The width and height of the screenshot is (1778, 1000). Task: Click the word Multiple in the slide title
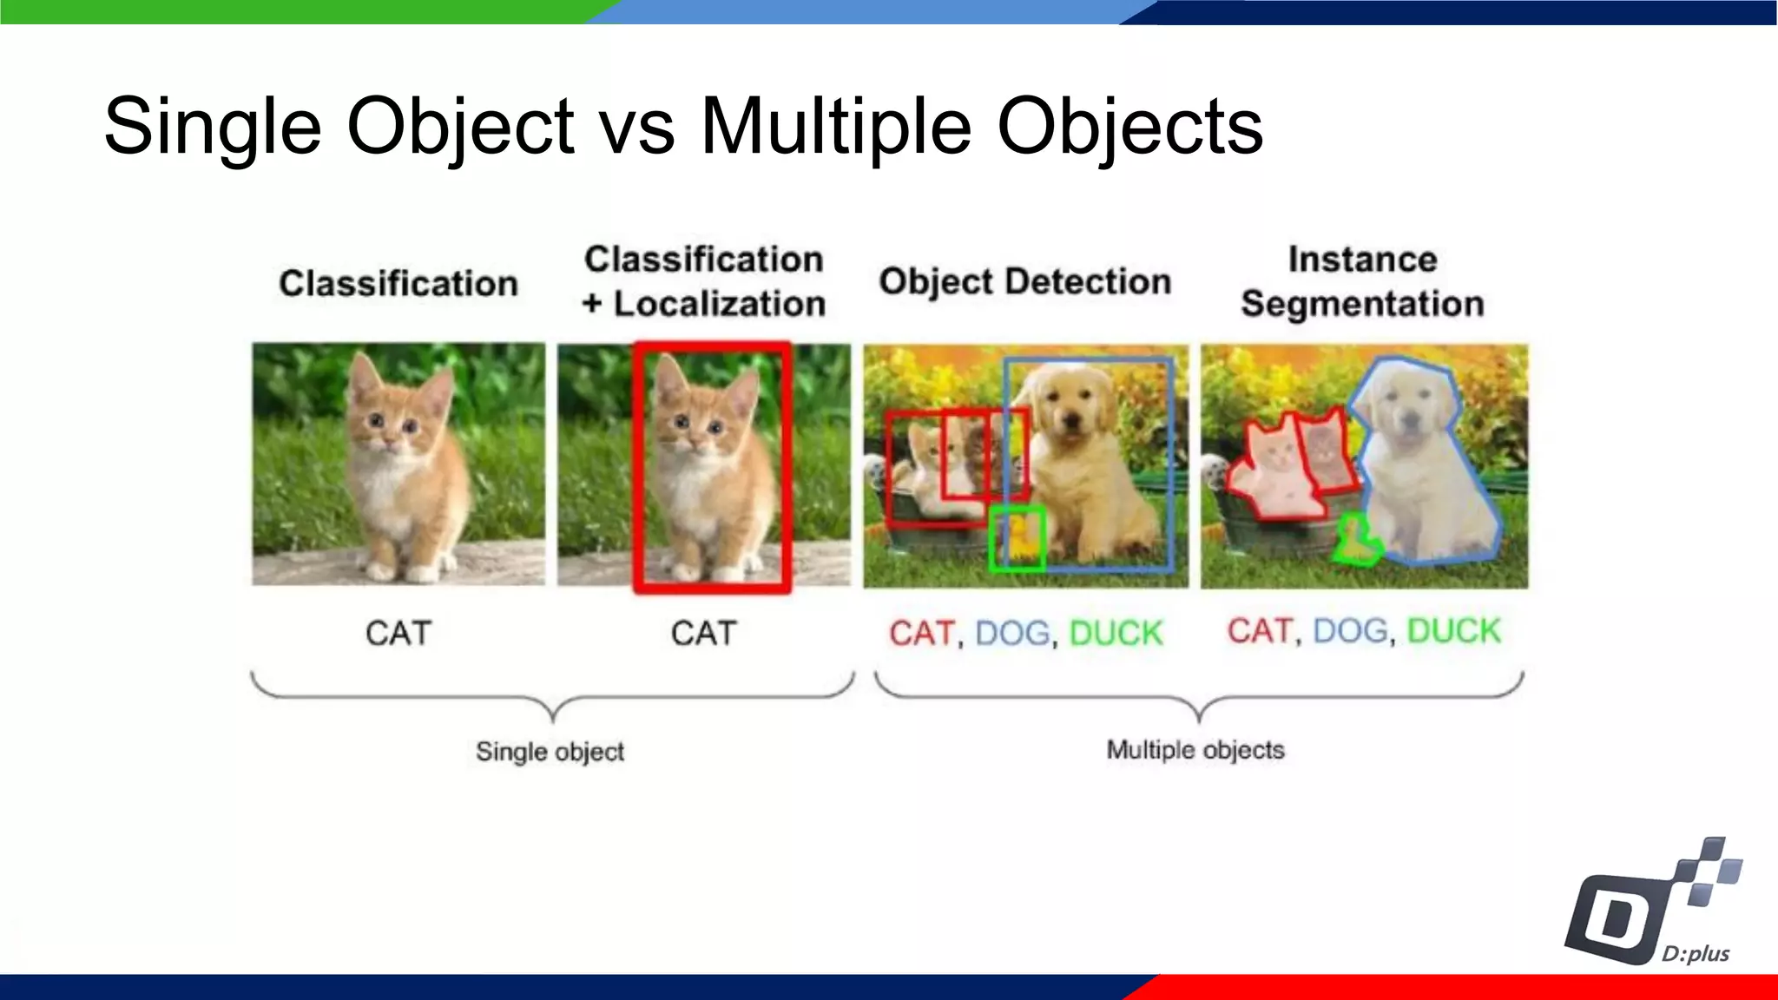click(x=835, y=127)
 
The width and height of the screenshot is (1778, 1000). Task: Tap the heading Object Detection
click(x=1024, y=281)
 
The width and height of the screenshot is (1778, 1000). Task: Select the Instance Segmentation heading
click(x=1362, y=281)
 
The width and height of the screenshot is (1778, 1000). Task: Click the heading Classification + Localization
click(x=703, y=281)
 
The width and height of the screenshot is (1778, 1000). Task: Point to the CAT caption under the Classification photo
click(x=398, y=633)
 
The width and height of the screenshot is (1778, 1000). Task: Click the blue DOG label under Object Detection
click(x=1012, y=633)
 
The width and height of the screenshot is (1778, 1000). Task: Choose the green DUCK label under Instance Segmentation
click(x=1453, y=630)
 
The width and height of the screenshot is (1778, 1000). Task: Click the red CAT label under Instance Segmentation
click(x=1259, y=630)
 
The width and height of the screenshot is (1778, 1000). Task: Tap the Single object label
click(x=550, y=751)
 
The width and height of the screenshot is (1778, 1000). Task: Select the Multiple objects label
click(x=1195, y=749)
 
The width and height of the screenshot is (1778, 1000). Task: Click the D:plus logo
click(x=1654, y=907)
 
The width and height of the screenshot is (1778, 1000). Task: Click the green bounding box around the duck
click(x=1017, y=539)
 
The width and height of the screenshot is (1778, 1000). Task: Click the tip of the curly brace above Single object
click(x=553, y=719)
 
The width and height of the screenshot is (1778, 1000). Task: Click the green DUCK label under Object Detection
click(x=1116, y=633)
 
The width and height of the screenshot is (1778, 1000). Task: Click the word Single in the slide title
click(x=213, y=127)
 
